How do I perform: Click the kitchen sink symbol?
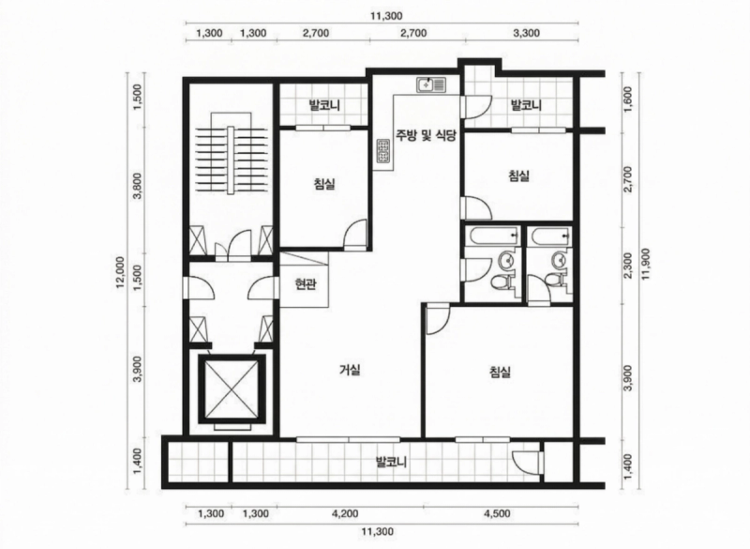(431, 85)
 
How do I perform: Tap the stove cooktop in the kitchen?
(382, 151)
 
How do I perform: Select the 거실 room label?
(350, 370)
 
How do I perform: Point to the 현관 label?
(305, 284)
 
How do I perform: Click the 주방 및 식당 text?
(426, 135)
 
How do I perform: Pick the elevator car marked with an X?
(232, 389)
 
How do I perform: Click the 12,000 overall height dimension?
(120, 272)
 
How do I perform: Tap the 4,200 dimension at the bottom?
(344, 514)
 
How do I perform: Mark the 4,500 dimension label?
(497, 514)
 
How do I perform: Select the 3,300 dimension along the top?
(526, 33)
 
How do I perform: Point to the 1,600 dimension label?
(628, 99)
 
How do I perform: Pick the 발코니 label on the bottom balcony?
(391, 463)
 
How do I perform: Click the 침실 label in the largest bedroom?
(501, 372)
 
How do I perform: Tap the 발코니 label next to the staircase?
(324, 105)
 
